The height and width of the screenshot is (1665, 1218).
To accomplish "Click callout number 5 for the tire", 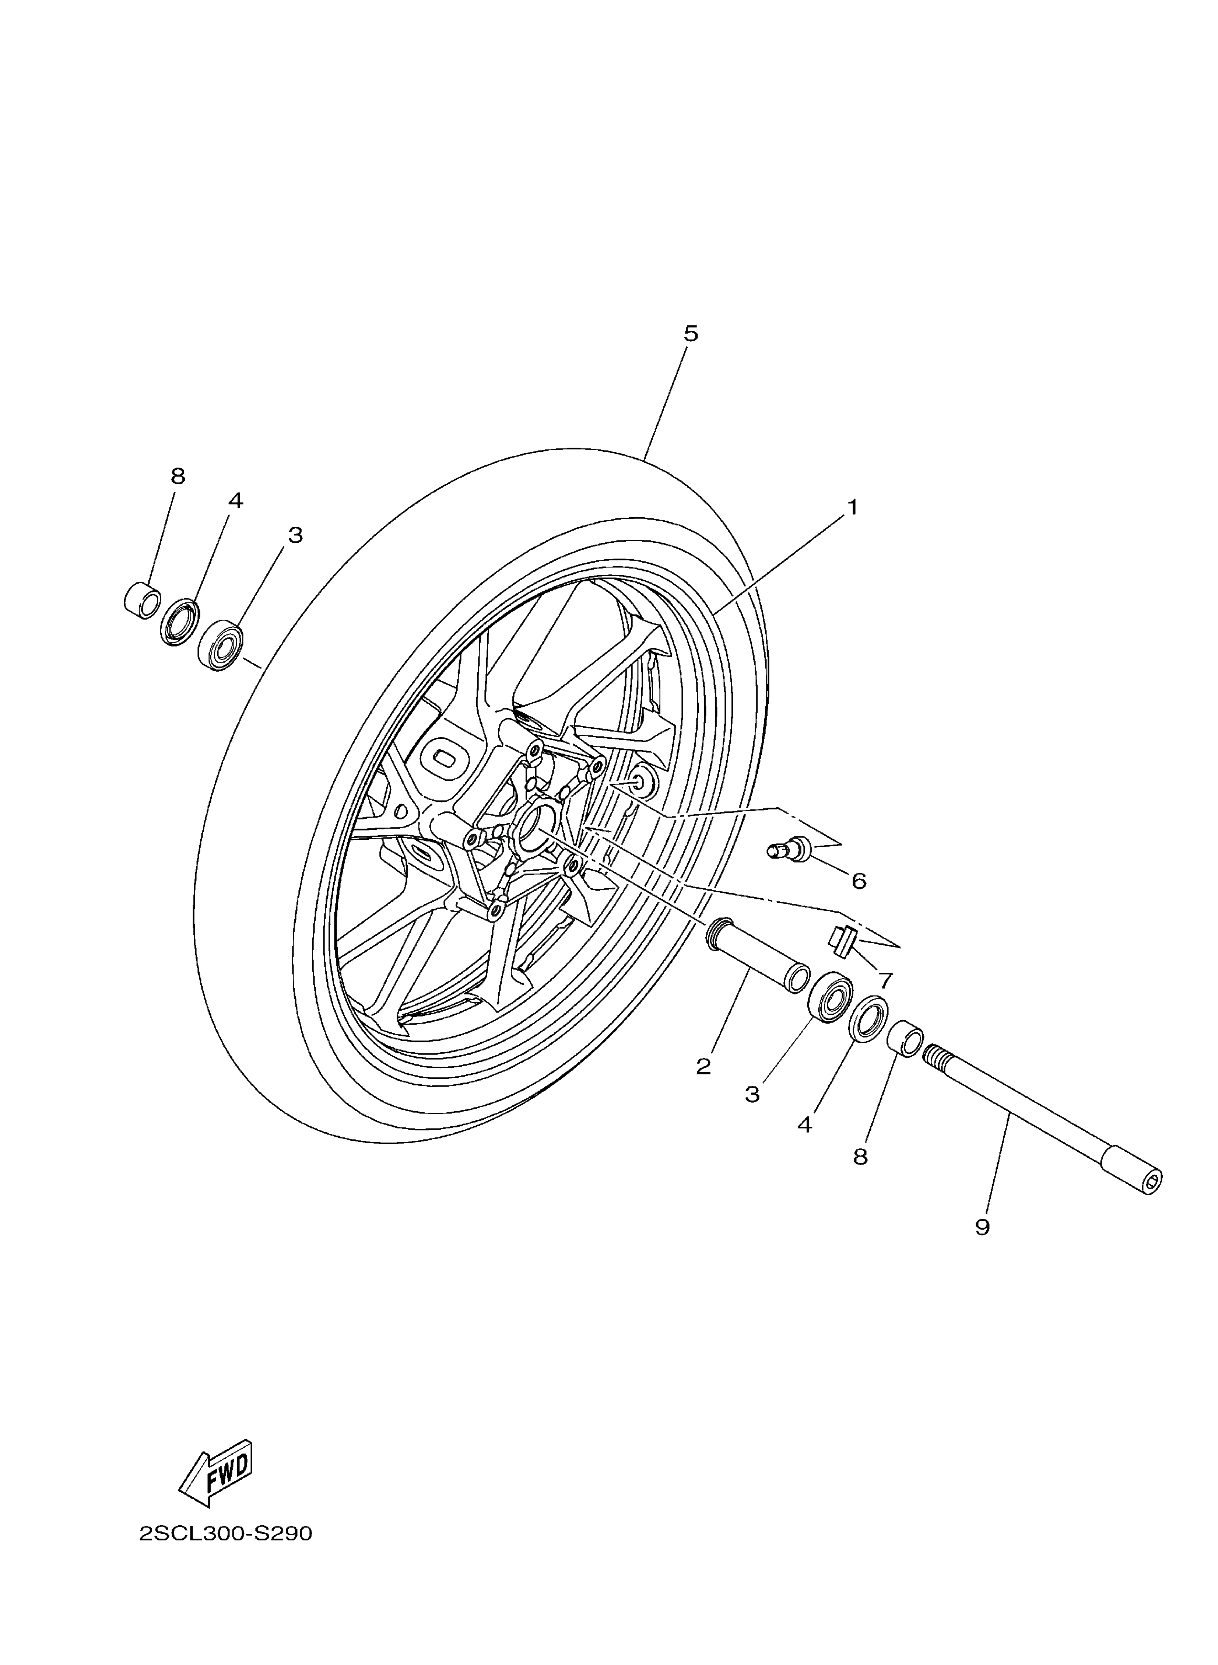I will click(690, 334).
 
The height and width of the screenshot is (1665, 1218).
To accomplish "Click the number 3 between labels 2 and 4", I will click(751, 1094).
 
